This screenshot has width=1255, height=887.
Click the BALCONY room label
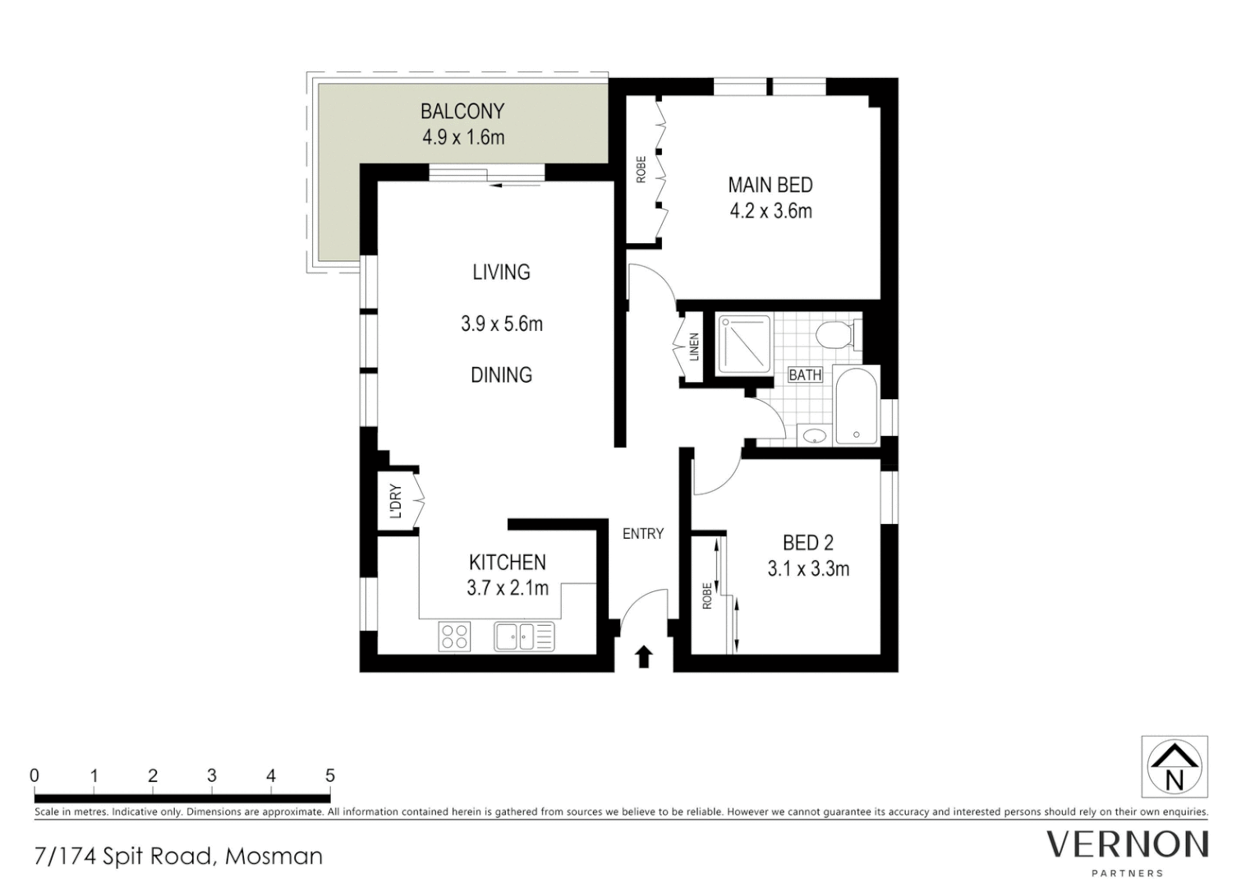coord(462,111)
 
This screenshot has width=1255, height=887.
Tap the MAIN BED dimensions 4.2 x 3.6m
coord(770,211)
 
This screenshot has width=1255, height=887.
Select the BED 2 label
coord(807,543)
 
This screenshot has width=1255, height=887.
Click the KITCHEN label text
coord(507,563)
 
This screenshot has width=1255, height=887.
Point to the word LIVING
coord(501,272)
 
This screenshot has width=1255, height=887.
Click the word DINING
coord(501,375)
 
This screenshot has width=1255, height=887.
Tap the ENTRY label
coord(642,534)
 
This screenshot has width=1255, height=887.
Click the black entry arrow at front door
coord(644,656)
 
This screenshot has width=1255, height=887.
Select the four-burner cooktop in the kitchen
coord(455,637)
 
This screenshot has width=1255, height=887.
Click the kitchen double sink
coord(524,637)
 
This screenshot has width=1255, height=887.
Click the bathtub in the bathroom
coord(857,407)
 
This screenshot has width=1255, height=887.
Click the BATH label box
coord(805,375)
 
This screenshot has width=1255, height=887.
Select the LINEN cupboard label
coord(694,347)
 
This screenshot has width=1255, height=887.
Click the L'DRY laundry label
coord(396,501)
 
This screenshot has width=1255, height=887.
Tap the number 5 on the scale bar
coord(330,775)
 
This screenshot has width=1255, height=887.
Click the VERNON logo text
coord(1127,844)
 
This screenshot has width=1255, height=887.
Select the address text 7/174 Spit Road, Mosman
coord(179,857)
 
